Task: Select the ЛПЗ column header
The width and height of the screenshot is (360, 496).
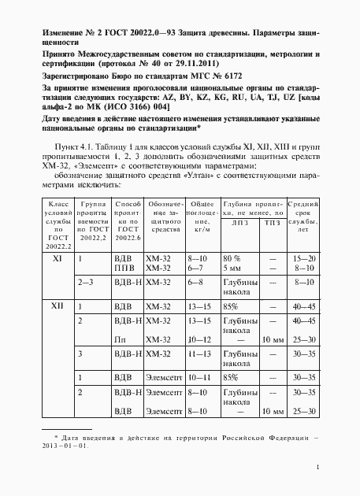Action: coord(239,223)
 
